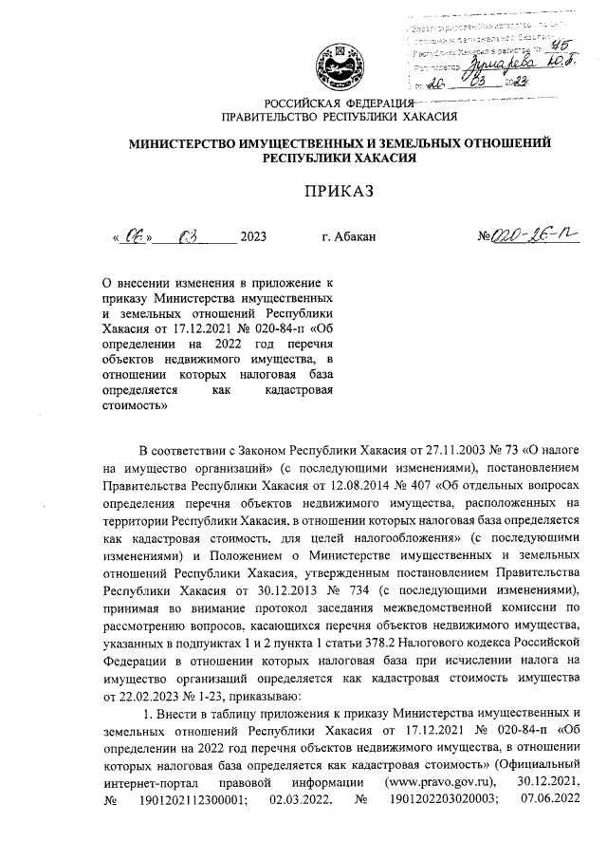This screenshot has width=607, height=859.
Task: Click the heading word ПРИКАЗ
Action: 339,191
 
